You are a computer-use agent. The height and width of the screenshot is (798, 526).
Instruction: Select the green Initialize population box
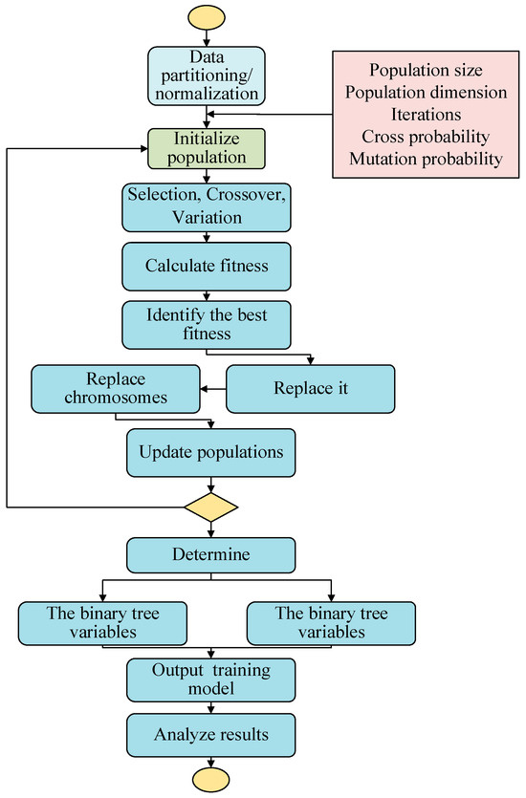pyautogui.click(x=206, y=149)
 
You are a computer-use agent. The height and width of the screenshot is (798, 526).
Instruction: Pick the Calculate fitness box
pyautogui.click(x=206, y=265)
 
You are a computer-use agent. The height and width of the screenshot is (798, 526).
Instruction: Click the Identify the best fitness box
pyautogui.click(x=206, y=326)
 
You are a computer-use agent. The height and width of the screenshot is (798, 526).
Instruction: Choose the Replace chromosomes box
pyautogui.click(x=115, y=389)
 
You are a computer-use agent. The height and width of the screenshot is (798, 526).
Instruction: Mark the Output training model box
pyautogui.click(x=206, y=677)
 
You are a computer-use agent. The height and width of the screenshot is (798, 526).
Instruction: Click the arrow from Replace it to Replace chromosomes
pyautogui.click(x=211, y=389)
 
